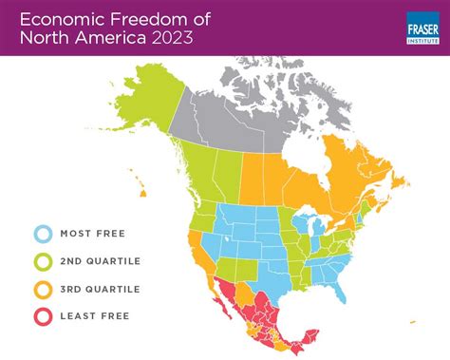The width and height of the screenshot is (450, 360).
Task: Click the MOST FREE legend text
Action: click(92, 233)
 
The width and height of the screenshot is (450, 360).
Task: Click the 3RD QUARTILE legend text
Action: click(102, 289)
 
